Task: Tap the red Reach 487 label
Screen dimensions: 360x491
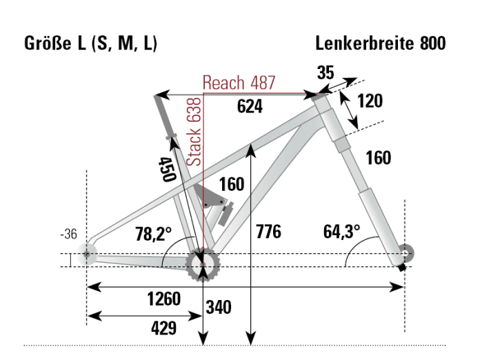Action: click(239, 83)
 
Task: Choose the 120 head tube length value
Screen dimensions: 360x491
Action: click(370, 101)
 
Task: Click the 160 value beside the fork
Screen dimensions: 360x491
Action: click(378, 158)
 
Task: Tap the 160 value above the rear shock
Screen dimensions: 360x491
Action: click(232, 185)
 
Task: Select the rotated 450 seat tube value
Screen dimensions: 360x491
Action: click(166, 168)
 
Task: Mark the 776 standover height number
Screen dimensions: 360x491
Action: click(268, 231)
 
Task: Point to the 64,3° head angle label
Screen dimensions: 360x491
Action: click(341, 231)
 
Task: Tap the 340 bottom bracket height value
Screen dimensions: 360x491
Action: click(219, 307)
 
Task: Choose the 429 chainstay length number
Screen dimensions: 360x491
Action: click(163, 328)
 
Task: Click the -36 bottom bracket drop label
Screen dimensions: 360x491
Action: click(68, 234)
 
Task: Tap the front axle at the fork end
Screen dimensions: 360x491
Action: click(404, 253)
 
